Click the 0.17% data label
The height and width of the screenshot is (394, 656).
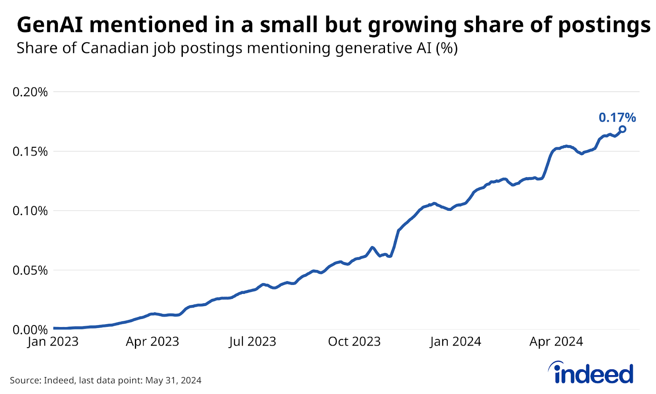coord(617,118)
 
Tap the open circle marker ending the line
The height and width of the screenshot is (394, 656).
coord(622,129)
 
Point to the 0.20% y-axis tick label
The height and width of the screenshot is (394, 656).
coord(30,92)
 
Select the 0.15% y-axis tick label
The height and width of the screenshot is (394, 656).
coord(30,151)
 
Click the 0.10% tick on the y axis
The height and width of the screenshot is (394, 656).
coord(30,211)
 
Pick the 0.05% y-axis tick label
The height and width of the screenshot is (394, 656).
coord(30,270)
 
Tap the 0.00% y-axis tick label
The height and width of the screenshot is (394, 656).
coord(30,330)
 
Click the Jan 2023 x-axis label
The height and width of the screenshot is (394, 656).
coord(53,341)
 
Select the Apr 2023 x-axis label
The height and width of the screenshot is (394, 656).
coord(152,341)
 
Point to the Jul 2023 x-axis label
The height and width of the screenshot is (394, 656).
coord(253,341)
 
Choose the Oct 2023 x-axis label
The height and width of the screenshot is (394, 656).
coord(354,341)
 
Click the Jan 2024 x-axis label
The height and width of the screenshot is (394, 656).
coord(456,341)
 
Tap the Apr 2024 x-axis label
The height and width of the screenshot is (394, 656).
coord(556,341)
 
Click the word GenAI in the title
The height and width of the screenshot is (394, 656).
coord(50,25)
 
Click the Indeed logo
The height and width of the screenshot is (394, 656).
coord(592,373)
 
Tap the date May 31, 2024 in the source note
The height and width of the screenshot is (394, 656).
coord(173,380)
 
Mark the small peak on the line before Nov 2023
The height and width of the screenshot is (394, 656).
coord(372,247)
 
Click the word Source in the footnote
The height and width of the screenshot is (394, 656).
coord(25,380)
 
